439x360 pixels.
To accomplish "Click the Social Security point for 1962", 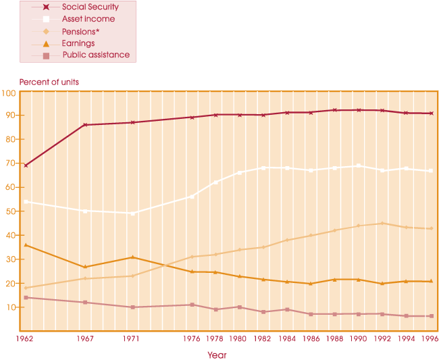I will point(25,165).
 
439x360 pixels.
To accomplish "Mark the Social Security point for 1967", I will point(85,125).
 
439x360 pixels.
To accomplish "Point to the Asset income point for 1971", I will point(132,213).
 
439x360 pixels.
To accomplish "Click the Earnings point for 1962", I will point(25,245).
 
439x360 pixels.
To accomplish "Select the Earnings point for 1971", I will point(132,257).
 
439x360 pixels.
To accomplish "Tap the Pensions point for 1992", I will point(382,224).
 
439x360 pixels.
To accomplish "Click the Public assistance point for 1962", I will point(25,297).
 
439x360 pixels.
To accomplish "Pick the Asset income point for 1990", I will point(359,165).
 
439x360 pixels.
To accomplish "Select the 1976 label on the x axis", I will point(192,338).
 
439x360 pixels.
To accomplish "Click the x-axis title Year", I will point(217,355).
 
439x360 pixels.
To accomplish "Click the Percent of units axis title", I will point(49,82).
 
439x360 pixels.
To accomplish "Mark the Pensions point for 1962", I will point(25,288).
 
